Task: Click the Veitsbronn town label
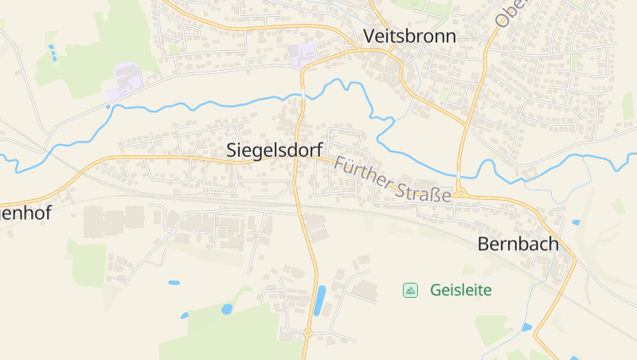pos(409,36)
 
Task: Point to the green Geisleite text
pos(461,290)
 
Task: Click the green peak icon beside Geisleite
pos(410,290)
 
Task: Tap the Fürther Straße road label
pos(393,179)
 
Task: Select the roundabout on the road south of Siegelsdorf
pos(307,333)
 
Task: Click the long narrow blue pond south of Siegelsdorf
pos(320,300)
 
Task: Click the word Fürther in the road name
pos(364,172)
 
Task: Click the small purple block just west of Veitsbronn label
pos(302,54)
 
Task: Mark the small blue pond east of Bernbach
pos(576,223)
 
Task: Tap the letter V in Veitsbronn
pos(369,36)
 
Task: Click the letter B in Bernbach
pos(483,245)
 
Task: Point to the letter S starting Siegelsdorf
pos(232,149)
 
